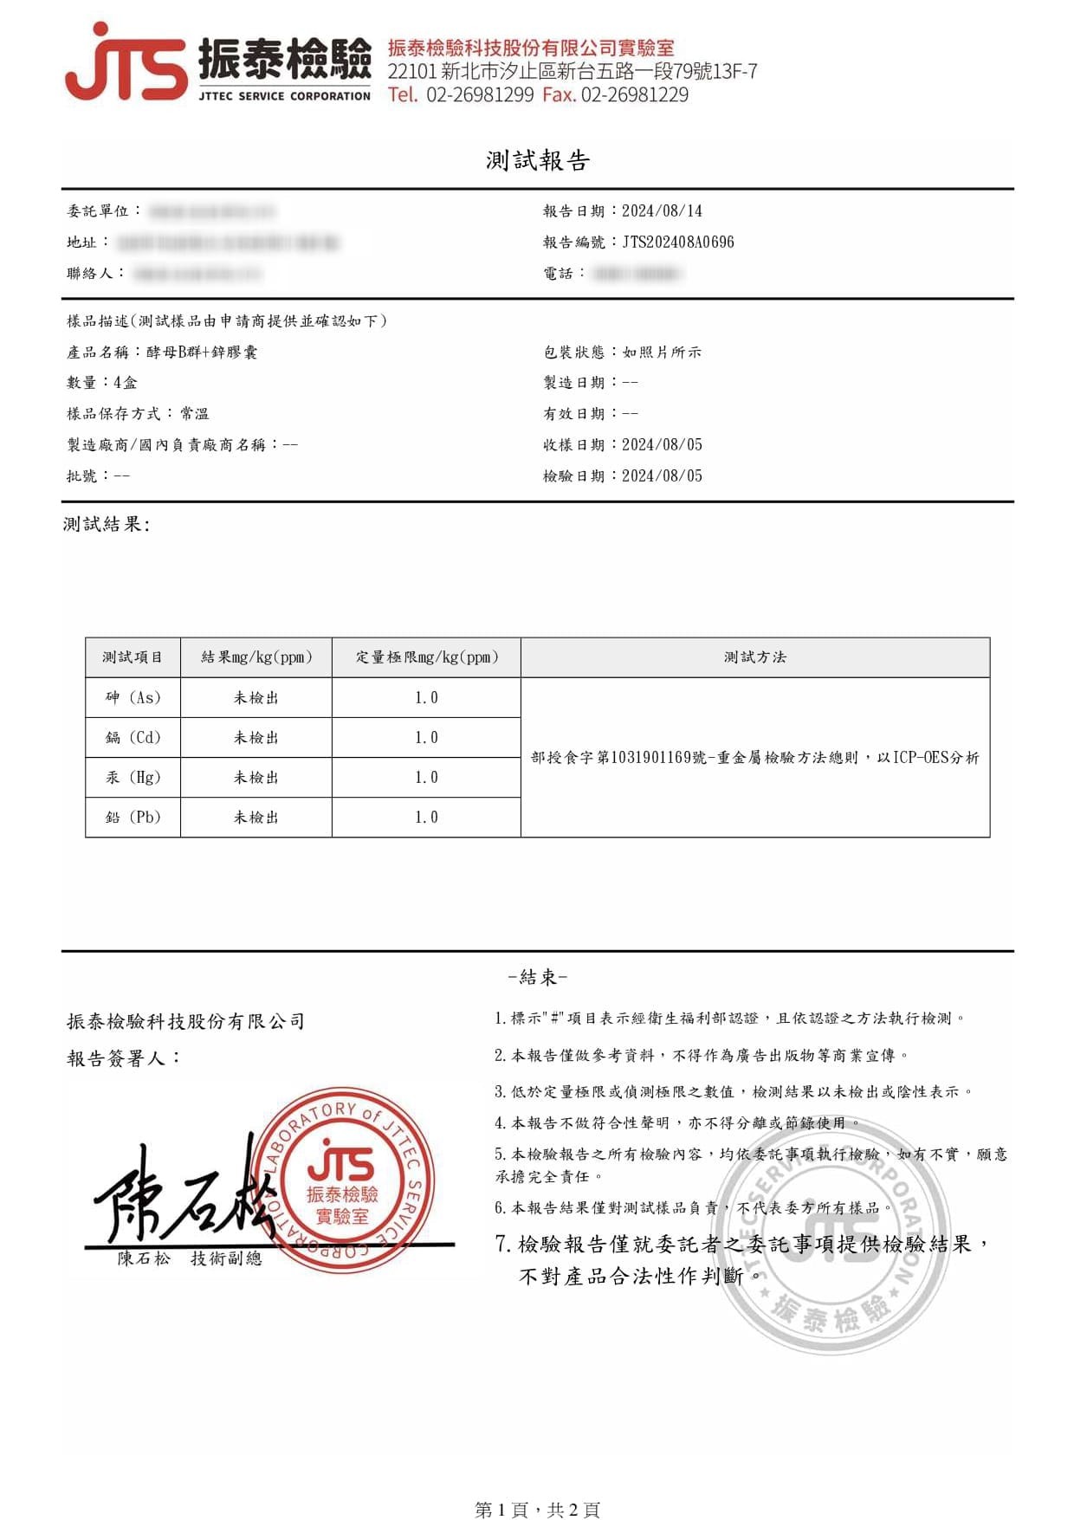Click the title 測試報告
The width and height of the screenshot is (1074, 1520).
pos(537,160)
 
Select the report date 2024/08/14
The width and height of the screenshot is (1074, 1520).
pos(662,211)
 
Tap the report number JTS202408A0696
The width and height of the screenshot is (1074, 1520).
pos(677,243)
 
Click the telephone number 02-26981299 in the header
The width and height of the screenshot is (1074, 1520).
pos(480,95)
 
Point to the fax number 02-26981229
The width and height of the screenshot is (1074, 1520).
pos(635,95)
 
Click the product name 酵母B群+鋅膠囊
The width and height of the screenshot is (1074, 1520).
pos(202,353)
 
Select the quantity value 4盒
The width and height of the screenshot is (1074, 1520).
pos(126,383)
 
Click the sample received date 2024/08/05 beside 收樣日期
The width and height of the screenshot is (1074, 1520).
pos(662,445)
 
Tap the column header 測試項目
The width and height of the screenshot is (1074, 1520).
pos(133,657)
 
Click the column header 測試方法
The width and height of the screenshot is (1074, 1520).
pos(754,657)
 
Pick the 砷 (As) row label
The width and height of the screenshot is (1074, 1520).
pos(133,698)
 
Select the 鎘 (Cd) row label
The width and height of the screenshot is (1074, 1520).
pos(133,738)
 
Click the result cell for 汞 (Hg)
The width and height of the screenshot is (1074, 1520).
pos(256,778)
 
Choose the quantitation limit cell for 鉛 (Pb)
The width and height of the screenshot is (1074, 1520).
pos(426,818)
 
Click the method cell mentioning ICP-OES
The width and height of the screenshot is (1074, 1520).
pos(754,758)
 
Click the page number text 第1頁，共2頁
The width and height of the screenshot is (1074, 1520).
pos(537,1510)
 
